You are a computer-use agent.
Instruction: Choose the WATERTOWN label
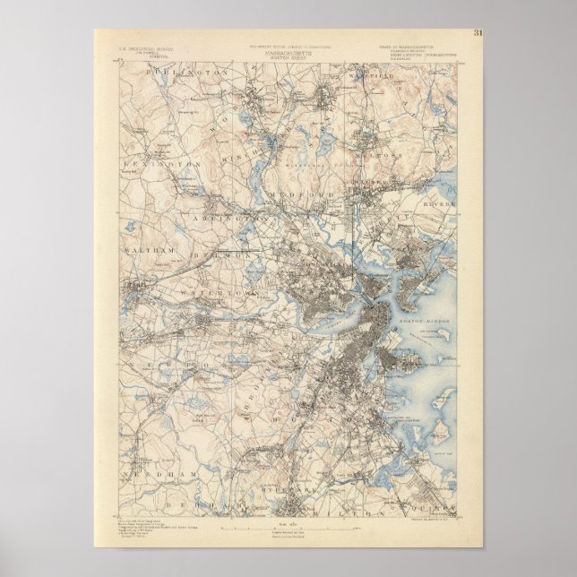220,293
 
